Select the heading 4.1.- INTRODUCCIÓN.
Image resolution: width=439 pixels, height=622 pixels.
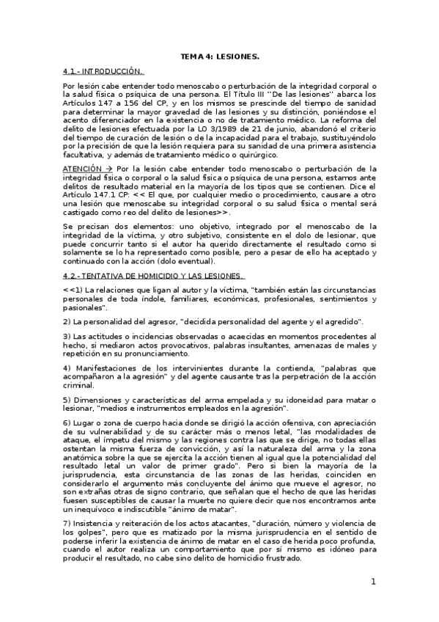(x=102, y=72)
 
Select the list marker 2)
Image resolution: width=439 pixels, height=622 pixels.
(x=67, y=322)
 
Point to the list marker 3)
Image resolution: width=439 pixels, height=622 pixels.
(x=67, y=336)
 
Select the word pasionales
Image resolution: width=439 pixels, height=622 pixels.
(x=84, y=307)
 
